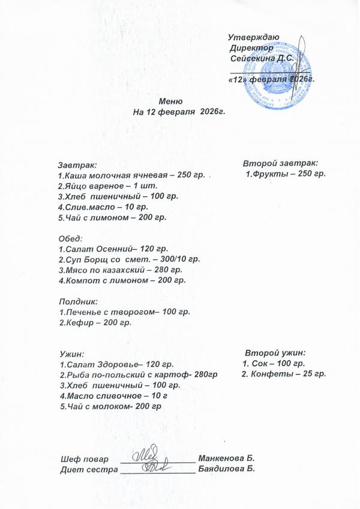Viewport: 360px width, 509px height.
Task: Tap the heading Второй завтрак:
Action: tap(280, 163)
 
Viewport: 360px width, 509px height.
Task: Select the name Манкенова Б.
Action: tap(227, 458)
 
